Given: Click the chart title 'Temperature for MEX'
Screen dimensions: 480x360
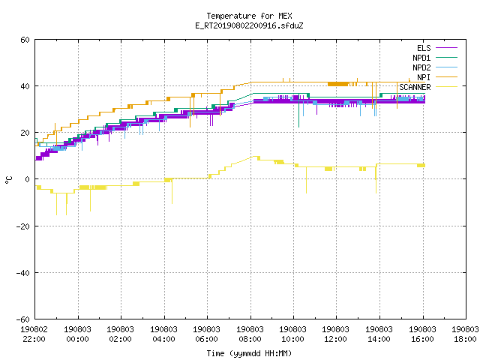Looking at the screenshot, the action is pos(249,16).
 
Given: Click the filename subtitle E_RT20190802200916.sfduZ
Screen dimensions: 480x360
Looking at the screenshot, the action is pos(249,25).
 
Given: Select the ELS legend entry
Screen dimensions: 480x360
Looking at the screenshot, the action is pos(424,48).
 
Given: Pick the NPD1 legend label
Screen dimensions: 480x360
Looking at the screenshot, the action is pos(421,58).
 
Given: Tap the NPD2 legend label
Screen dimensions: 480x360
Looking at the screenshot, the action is pos(421,67).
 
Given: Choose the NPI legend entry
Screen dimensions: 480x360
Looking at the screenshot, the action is pos(424,77).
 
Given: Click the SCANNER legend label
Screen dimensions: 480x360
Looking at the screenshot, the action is pos(415,87).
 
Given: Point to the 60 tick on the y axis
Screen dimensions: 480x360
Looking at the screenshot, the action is pos(25,40).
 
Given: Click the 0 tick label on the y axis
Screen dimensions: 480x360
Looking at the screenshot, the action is pos(27,179).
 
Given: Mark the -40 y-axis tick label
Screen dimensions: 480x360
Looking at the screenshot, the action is pos(23,273).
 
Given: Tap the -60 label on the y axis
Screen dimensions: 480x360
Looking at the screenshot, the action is pos(23,319).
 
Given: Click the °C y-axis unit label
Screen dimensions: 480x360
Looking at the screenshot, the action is pos(9,180).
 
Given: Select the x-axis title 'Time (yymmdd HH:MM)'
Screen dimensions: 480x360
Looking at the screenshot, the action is pos(249,353).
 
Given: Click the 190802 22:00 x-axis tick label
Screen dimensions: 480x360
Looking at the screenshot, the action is pos(34,334).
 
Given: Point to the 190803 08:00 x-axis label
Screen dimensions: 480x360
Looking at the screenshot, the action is pos(250,334).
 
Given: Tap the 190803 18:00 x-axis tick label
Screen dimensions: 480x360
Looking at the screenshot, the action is pos(465,334).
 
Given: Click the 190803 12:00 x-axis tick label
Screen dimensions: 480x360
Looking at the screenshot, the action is pos(336,334).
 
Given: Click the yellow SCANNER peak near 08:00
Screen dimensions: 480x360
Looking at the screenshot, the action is pos(254,157).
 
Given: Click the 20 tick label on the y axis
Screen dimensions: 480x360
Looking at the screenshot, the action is pos(25,133).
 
